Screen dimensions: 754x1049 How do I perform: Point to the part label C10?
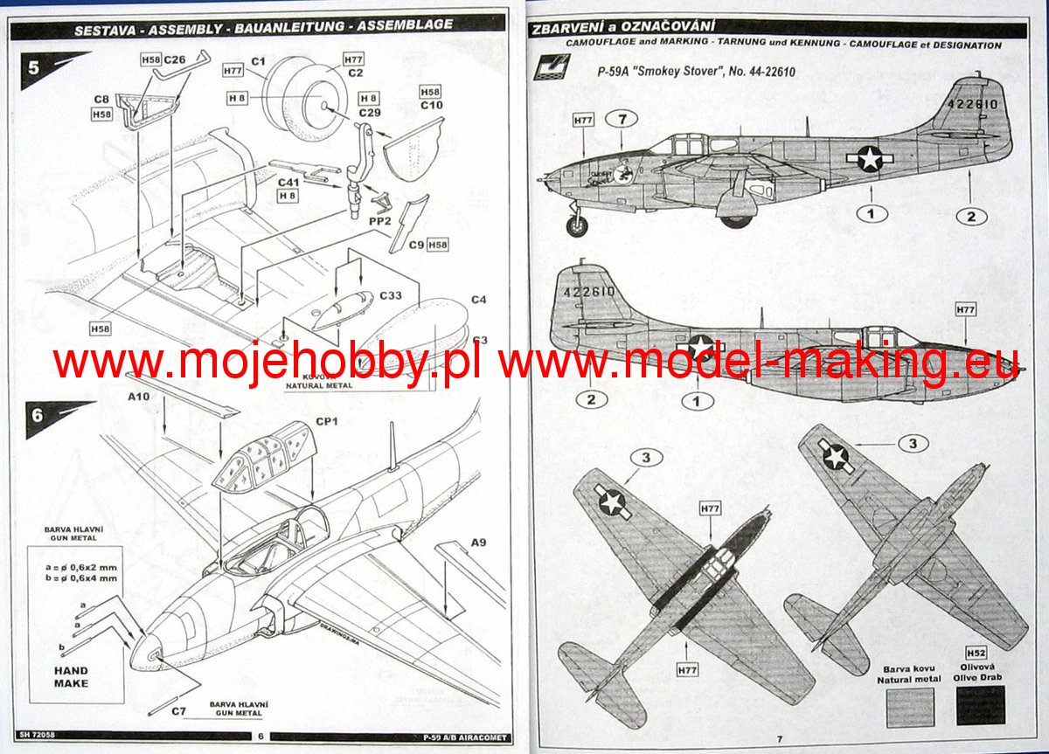(x=432, y=106)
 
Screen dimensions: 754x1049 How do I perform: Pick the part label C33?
(x=391, y=296)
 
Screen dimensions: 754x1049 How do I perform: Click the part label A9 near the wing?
(x=478, y=543)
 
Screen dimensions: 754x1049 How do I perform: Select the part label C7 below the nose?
(x=178, y=710)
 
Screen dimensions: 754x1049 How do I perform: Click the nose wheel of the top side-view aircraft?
(x=577, y=226)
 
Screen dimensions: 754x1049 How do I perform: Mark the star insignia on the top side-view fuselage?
(x=868, y=158)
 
